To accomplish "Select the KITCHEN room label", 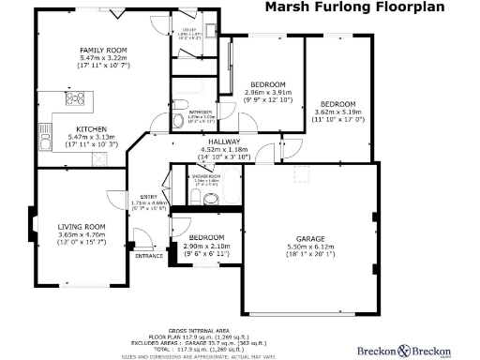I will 91,129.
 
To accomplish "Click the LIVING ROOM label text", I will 82,226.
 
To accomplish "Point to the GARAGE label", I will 309,239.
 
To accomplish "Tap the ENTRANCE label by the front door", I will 149,255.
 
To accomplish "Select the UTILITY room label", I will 189,29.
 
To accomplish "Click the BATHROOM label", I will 194,111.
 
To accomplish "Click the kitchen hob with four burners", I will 75,97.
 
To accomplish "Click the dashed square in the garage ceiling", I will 303,174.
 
